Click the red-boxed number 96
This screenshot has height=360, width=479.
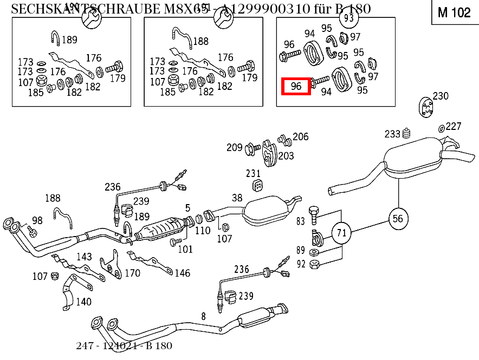296,86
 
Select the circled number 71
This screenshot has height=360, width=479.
341,233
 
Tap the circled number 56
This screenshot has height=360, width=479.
398,218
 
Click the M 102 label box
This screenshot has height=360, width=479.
454,12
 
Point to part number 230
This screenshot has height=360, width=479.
441,96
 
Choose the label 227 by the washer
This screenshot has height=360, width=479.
454,126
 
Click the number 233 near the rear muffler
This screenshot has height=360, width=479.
392,134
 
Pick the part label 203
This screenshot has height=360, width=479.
286,156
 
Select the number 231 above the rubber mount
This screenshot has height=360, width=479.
254,173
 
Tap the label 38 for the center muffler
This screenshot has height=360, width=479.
237,198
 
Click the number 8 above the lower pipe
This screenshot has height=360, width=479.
203,316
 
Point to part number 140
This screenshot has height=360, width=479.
83,302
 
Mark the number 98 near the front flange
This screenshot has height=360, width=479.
37,220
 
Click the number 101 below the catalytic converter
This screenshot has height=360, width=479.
185,249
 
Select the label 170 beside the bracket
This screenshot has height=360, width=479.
132,273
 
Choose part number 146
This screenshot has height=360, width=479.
182,273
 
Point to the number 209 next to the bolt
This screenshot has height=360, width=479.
235,147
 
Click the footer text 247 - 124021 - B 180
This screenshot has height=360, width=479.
124,345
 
